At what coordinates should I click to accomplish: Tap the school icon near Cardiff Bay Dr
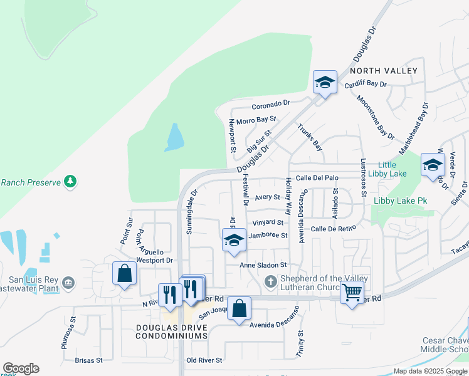point(325,82)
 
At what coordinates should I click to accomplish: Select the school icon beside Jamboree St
point(234,240)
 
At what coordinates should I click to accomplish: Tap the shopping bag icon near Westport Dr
point(125,273)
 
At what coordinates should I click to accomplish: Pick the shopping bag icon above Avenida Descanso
point(239,308)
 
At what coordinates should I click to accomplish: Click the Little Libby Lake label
point(387,169)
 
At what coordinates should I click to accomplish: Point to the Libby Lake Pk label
point(400,201)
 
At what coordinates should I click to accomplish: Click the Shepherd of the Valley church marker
point(271,280)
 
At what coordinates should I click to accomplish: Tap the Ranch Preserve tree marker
point(71,182)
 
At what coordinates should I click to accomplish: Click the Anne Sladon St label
point(263,265)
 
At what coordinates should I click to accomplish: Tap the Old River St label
point(204,360)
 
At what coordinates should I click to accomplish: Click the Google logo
point(21,368)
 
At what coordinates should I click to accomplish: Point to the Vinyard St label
point(268,222)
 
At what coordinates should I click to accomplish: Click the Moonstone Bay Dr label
point(375,117)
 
